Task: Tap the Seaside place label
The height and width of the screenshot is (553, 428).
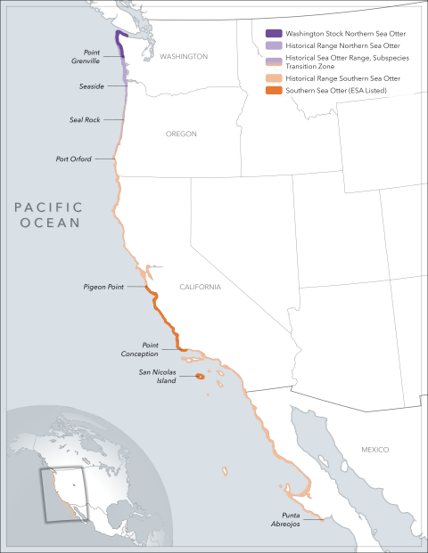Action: pos(91,85)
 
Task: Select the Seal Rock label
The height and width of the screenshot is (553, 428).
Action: pos(85,119)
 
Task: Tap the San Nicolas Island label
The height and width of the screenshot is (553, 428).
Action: pos(157,377)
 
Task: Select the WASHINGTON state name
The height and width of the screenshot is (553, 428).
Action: pos(184,57)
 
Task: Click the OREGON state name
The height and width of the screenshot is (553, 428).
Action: pos(181,134)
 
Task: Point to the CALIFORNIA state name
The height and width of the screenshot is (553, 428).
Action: pos(200,288)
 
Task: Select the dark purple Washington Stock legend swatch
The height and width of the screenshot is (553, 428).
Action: pos(275,34)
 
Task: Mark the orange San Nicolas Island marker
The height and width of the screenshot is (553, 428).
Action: pos(200,378)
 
